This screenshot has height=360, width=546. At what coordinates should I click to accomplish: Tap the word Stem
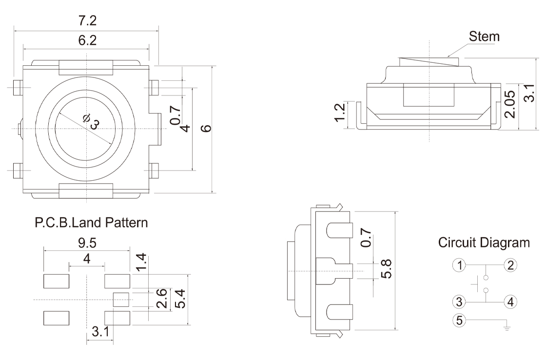[x=484, y=37]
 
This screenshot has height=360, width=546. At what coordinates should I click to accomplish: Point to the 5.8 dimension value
[x=387, y=268]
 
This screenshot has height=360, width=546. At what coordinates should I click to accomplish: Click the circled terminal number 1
[x=458, y=265]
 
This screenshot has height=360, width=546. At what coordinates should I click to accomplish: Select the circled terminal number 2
[x=510, y=265]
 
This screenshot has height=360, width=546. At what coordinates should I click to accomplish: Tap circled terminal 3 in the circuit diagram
[x=458, y=302]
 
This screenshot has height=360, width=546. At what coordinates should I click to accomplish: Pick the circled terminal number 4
[x=510, y=302]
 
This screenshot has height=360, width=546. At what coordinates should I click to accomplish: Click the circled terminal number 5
[x=458, y=320]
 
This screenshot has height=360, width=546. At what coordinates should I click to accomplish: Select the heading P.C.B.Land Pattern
[x=91, y=224]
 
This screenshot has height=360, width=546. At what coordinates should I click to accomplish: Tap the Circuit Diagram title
[x=483, y=242]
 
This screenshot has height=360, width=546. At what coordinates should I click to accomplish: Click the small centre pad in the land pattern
[x=121, y=299]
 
